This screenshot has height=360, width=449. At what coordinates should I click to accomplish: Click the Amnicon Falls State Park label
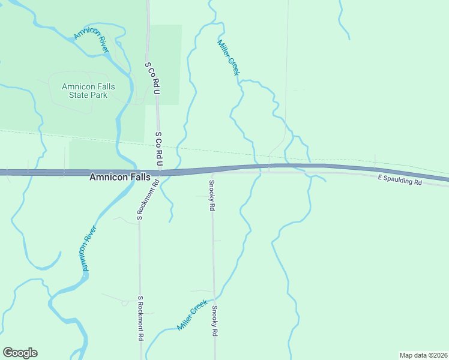(x=88, y=91)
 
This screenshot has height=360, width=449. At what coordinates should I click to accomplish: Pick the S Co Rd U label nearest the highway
(x=159, y=150)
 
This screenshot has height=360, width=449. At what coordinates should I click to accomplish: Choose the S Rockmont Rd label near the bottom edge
(x=141, y=319)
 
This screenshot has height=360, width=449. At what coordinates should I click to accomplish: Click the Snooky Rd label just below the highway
(x=212, y=195)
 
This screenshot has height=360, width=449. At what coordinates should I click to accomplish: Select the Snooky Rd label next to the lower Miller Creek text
(x=214, y=321)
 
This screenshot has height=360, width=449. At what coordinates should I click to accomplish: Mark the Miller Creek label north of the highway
(x=229, y=58)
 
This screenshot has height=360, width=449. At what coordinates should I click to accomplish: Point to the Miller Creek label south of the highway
(x=192, y=316)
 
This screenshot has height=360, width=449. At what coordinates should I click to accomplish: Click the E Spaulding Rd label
(x=400, y=179)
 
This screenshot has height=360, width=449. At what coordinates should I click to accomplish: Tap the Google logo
(x=20, y=353)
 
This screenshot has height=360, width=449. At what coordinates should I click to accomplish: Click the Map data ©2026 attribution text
(x=423, y=355)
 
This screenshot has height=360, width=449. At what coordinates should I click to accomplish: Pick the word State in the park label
(x=77, y=95)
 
